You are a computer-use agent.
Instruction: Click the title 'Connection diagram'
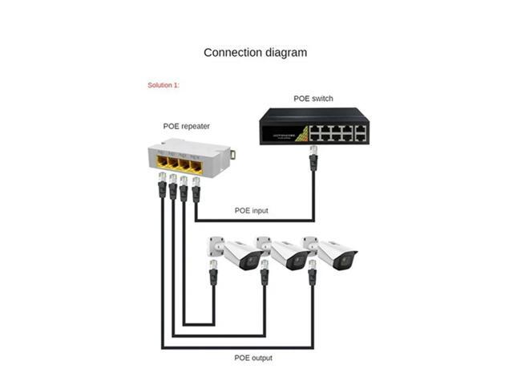click(x=255, y=53)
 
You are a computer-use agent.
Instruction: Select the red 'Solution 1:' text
click(x=164, y=85)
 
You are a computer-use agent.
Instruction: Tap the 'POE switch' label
click(x=313, y=99)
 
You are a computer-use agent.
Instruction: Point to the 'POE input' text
click(x=251, y=211)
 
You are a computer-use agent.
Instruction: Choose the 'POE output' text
click(x=252, y=358)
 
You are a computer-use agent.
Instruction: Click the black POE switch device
click(x=313, y=127)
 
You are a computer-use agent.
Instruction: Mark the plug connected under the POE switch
click(x=313, y=154)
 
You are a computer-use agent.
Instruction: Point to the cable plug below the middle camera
click(x=265, y=277)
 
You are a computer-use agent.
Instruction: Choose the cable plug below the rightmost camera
click(x=313, y=277)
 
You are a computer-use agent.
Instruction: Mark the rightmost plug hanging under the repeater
click(x=196, y=190)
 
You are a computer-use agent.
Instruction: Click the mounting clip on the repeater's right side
click(x=232, y=153)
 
